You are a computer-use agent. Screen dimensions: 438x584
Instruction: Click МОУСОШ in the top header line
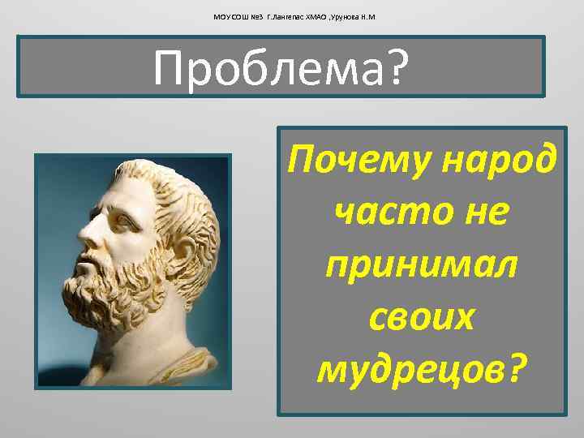pos(230,15)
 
